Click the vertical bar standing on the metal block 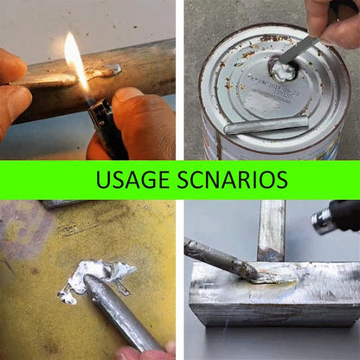click(271, 229)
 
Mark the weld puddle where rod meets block click(264, 277)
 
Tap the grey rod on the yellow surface click(121, 316)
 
